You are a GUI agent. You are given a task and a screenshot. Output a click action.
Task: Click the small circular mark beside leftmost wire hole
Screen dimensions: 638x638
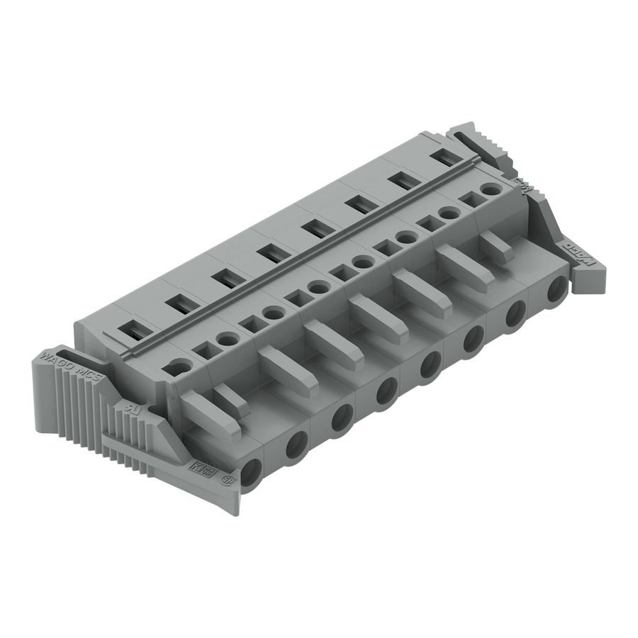pyautogui.click(x=229, y=480)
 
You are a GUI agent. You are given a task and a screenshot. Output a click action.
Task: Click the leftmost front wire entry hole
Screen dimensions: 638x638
pyautogui.click(x=252, y=473)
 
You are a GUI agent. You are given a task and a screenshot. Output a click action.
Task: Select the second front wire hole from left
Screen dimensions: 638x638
pyautogui.click(x=296, y=444)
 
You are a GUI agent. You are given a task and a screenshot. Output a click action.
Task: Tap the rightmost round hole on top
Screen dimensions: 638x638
pyautogui.click(x=489, y=190)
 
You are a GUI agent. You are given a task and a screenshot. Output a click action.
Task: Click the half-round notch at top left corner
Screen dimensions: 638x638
pyautogui.click(x=179, y=366)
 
